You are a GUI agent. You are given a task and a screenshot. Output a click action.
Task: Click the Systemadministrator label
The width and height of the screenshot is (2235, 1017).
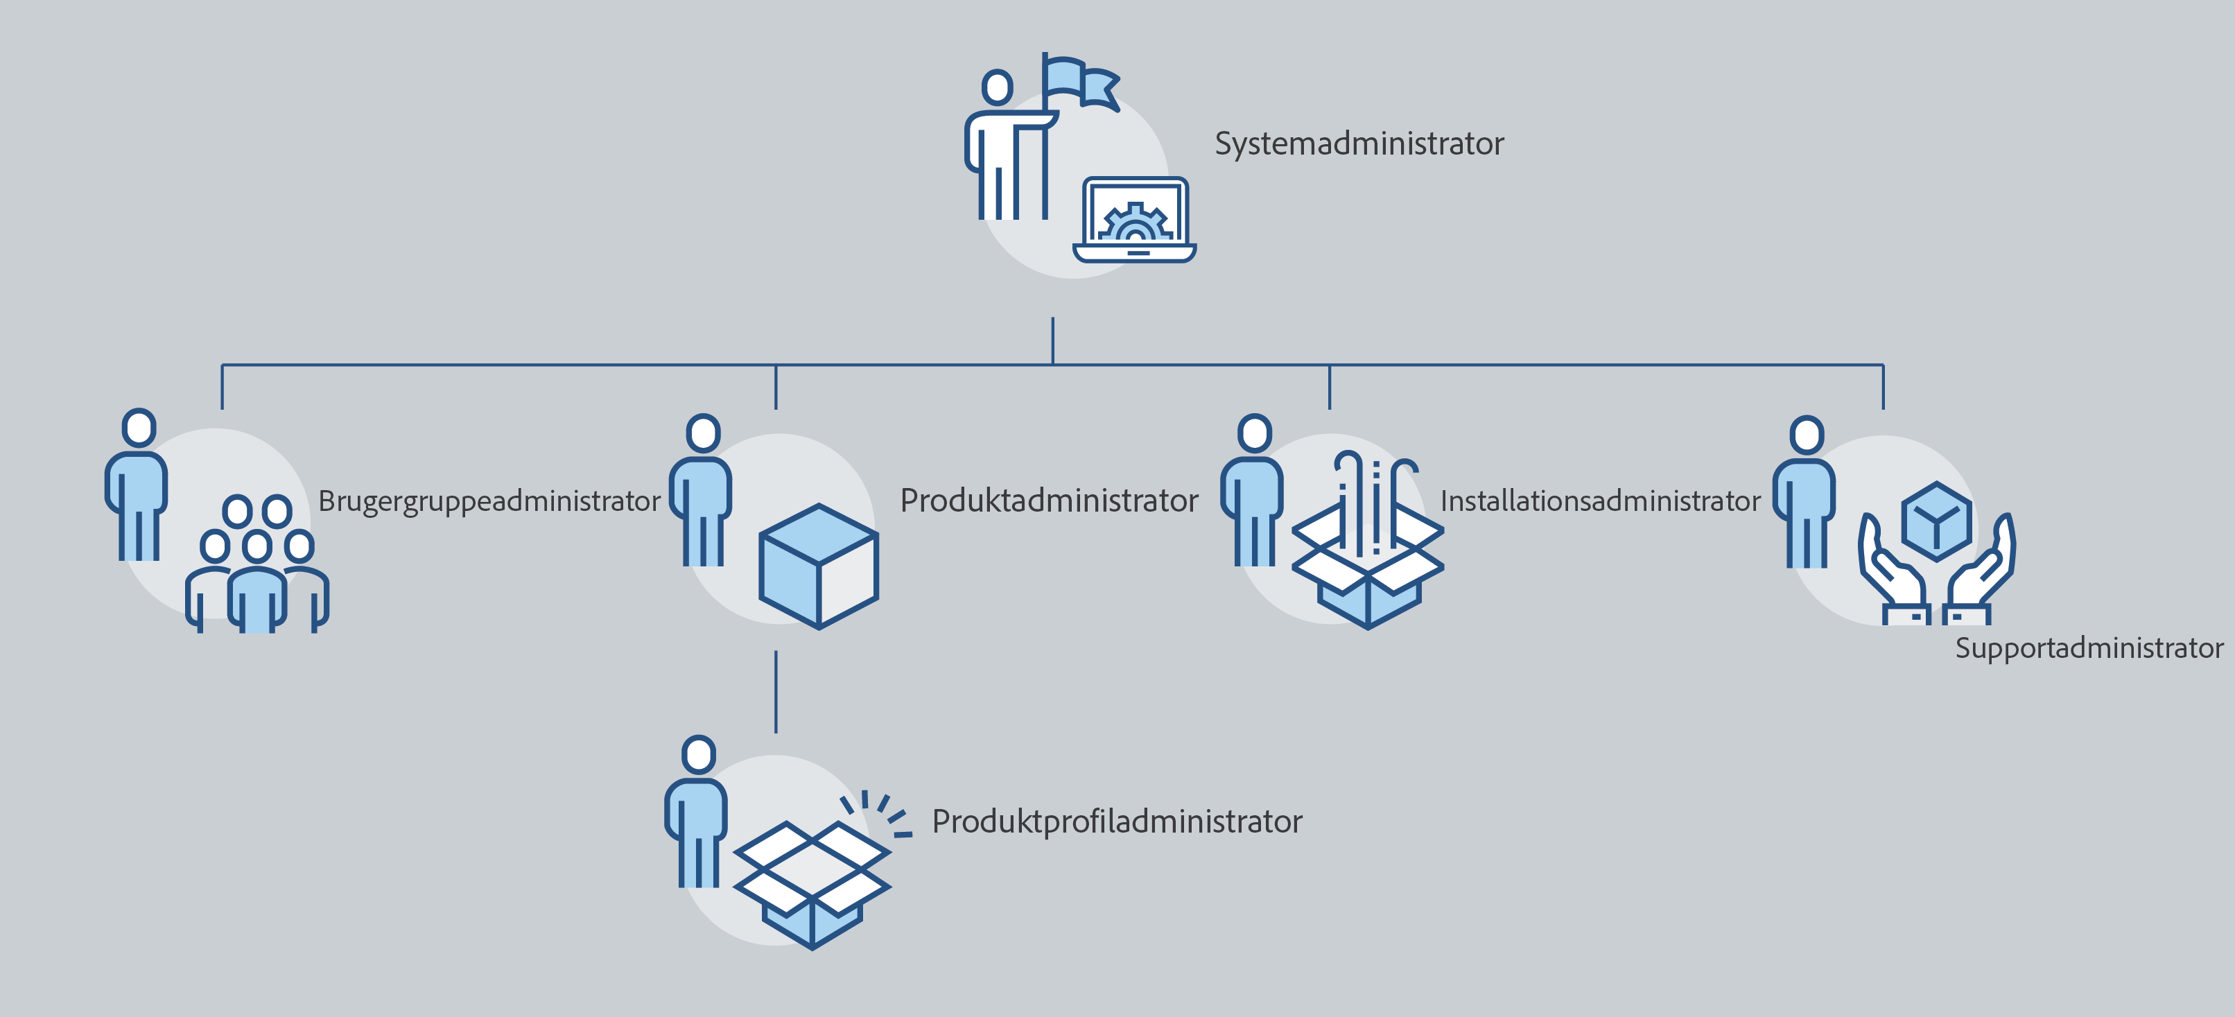tap(1359, 144)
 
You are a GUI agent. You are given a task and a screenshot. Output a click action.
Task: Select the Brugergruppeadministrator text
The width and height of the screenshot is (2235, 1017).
tap(489, 501)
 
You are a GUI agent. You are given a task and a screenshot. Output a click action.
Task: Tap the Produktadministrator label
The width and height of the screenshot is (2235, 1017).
tap(1048, 501)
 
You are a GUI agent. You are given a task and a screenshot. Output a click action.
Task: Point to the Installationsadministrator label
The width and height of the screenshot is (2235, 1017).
tap(1600, 501)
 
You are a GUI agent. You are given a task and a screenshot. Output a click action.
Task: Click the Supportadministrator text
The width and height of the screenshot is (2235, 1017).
tap(2088, 648)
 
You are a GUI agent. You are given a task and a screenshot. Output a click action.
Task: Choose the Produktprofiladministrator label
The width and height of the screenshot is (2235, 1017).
tap(1117, 822)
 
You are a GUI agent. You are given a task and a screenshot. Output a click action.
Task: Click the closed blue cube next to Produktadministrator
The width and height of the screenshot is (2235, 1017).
tap(818, 566)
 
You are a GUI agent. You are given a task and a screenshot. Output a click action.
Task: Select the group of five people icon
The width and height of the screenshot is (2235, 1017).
tap(256, 564)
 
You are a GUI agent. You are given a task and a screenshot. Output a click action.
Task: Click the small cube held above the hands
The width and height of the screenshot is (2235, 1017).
tap(1936, 521)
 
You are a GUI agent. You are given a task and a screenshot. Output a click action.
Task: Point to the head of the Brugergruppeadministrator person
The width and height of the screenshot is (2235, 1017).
tap(139, 428)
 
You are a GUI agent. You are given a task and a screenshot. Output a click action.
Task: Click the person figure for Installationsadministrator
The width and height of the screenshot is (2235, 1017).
tap(1252, 494)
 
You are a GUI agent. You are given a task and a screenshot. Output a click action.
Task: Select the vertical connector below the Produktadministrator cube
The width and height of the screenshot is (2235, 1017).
tap(776, 692)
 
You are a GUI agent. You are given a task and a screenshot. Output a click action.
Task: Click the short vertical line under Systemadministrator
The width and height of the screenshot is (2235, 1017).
tap(1052, 340)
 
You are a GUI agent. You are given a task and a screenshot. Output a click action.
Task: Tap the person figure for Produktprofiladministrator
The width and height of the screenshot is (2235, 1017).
tap(696, 816)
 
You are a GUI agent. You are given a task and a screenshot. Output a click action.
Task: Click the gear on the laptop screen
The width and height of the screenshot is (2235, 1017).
tap(1135, 223)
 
